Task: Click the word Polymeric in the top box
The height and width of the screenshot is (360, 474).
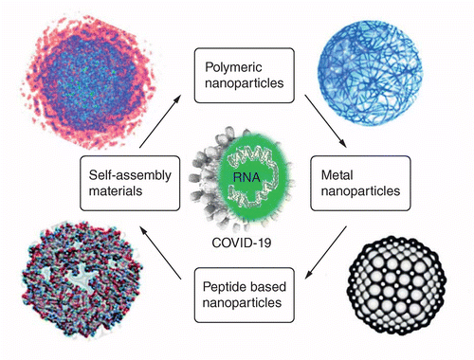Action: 233,68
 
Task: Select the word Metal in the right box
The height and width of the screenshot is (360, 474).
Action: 337,175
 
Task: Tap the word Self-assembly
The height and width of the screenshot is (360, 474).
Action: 130,175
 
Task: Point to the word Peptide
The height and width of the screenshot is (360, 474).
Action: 222,287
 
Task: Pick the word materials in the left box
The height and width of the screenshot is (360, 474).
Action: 116,191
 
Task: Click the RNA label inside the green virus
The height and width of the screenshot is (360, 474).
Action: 246,177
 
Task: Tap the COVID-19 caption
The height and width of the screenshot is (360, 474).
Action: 242,243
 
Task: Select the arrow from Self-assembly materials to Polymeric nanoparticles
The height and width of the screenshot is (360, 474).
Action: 160,121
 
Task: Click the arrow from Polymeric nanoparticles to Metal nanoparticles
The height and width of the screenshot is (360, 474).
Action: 326,121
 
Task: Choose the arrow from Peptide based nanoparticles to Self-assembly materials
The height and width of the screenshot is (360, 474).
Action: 160,253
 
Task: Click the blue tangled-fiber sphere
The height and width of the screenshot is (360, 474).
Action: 370,72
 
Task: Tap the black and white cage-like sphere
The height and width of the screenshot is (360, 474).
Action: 396,285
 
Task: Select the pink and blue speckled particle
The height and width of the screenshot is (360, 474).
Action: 88,82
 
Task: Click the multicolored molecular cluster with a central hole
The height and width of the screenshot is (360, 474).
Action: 82,279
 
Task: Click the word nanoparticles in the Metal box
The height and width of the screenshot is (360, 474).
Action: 360,191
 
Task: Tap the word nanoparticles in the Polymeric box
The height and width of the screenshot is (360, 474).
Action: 245,83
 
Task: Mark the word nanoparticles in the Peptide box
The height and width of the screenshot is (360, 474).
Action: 242,303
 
